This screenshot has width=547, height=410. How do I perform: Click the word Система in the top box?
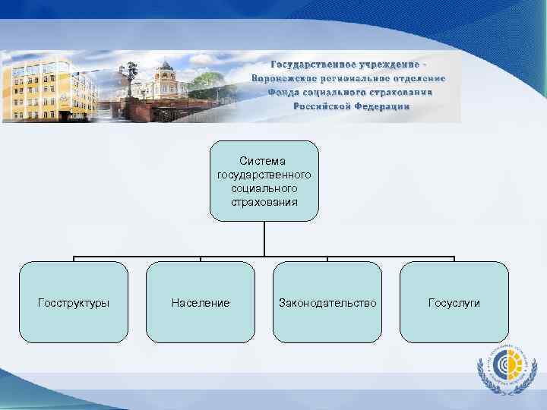264,161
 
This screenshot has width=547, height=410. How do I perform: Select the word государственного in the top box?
264,175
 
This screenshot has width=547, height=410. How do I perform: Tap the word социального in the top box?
264,188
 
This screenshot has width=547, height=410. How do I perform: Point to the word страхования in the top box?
264,201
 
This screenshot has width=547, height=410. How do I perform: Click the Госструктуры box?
74,302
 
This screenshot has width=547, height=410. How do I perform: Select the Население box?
201,302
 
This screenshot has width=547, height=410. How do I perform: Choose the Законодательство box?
327,302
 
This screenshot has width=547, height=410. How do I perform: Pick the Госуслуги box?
454,302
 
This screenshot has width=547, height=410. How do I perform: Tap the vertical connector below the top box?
264,238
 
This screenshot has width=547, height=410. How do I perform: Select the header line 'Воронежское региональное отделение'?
349,77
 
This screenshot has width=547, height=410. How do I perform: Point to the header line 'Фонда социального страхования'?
350,92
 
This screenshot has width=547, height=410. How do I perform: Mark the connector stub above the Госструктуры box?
74,258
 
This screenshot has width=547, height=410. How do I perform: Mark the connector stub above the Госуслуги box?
454,258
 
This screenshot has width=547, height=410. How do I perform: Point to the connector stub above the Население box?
201,258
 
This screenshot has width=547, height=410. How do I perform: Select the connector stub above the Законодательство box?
327,258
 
